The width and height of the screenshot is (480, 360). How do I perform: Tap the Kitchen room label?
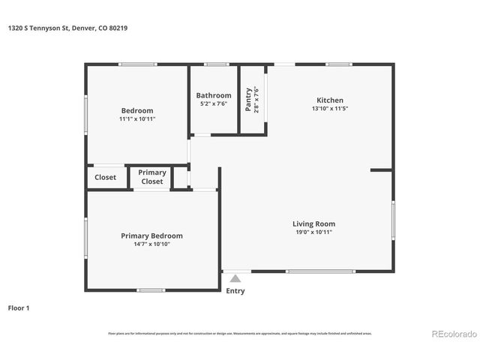(329, 100)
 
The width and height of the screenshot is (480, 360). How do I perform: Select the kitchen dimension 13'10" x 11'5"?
(329, 109)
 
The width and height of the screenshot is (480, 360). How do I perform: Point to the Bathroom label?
(214, 95)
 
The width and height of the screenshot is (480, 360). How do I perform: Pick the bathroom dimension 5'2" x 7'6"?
(214, 104)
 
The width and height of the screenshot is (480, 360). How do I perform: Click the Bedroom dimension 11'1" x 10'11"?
(137, 119)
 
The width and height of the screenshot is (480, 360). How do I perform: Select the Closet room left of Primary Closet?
(105, 178)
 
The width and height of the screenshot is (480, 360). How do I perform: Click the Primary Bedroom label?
(151, 235)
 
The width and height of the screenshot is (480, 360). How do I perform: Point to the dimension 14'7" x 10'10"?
(151, 244)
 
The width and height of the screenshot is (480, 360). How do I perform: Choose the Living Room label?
(313, 223)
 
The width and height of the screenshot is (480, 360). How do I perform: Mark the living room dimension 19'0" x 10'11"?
(313, 232)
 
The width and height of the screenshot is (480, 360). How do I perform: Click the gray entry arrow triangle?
(235, 278)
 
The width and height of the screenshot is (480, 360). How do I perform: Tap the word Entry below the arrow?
(235, 291)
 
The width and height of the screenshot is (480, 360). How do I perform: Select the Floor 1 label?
(19, 307)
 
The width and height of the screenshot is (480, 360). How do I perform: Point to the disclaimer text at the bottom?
(239, 333)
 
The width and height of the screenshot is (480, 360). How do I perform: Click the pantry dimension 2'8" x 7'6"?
(256, 100)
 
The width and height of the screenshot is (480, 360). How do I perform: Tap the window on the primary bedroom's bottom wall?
(151, 289)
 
